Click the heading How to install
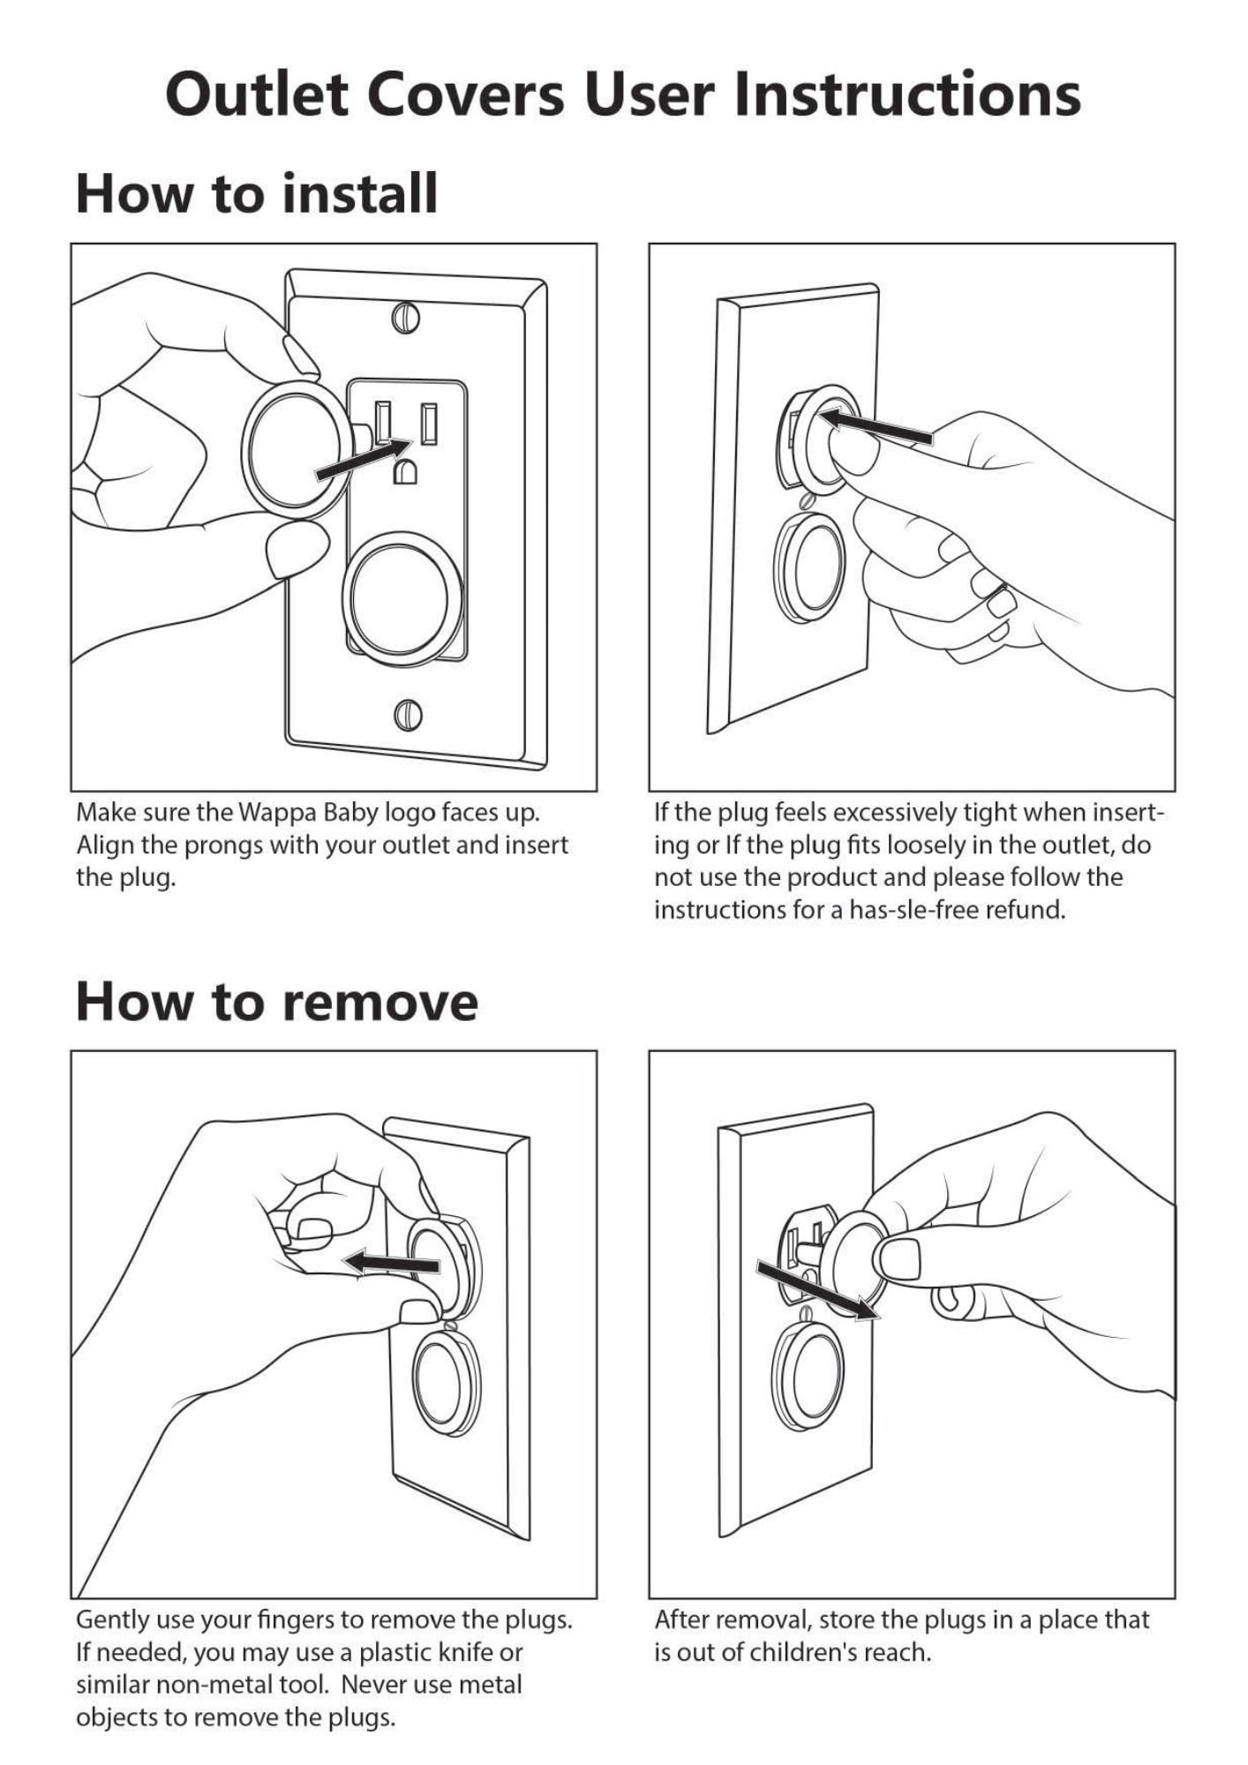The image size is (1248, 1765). (257, 193)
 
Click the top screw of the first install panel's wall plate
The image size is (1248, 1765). (405, 317)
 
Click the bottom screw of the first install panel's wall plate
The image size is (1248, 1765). (407, 713)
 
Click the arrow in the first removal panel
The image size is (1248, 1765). (390, 1263)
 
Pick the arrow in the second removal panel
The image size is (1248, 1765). (818, 1289)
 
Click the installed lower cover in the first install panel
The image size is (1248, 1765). (402, 590)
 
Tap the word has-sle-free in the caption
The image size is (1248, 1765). (913, 910)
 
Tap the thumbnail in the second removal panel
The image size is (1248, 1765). (900, 1258)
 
